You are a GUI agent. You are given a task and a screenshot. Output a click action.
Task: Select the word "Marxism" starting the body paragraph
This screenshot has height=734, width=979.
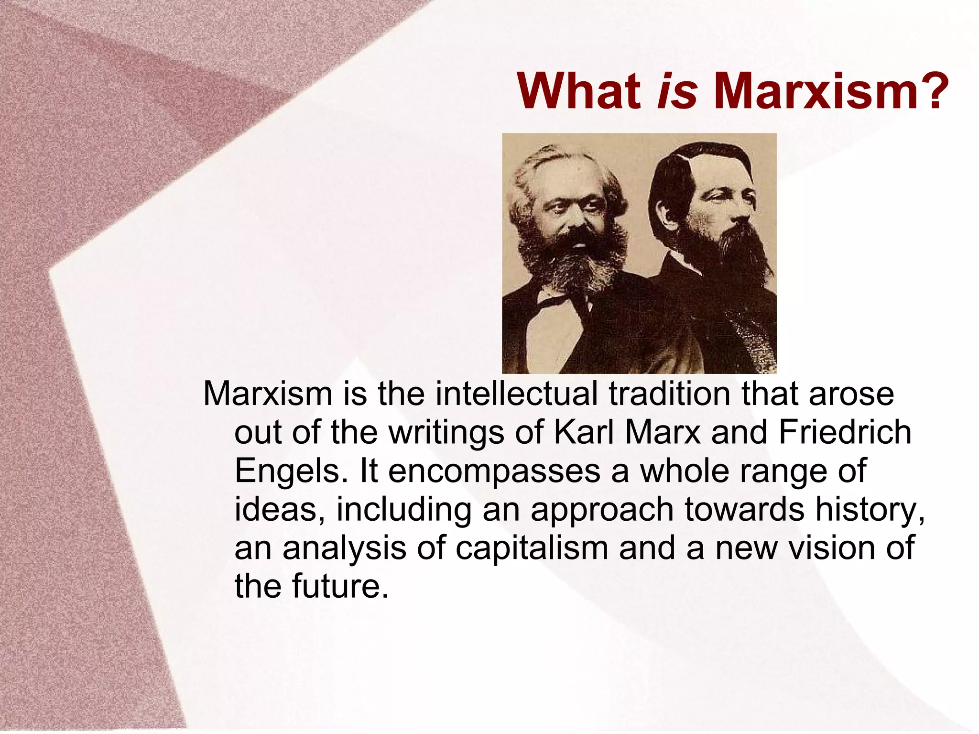268,394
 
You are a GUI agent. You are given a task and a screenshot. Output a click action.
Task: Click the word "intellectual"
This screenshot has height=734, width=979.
516,394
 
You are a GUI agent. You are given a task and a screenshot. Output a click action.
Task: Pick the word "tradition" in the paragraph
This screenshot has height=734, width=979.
669,394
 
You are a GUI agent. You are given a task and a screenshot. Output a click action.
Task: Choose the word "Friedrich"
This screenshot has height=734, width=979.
845,432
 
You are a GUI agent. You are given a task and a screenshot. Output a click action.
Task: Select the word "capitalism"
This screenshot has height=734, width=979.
532,548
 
